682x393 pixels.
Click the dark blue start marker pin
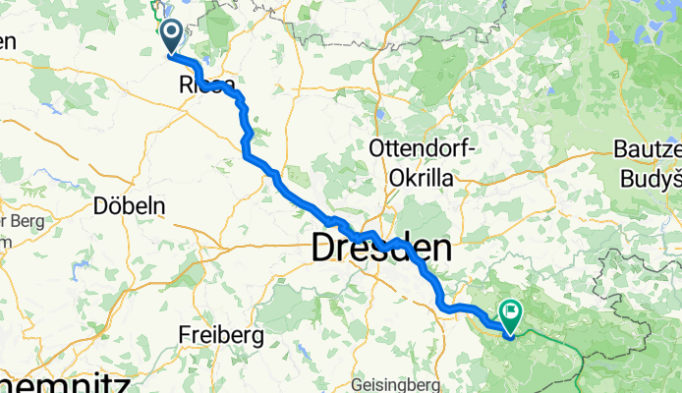coord(171,37)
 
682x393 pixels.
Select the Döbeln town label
coord(130,206)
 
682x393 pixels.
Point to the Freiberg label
coord(220,335)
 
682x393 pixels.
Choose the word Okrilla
coord(426,178)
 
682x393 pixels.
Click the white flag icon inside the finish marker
coord(512,311)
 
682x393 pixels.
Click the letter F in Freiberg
coord(185,335)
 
